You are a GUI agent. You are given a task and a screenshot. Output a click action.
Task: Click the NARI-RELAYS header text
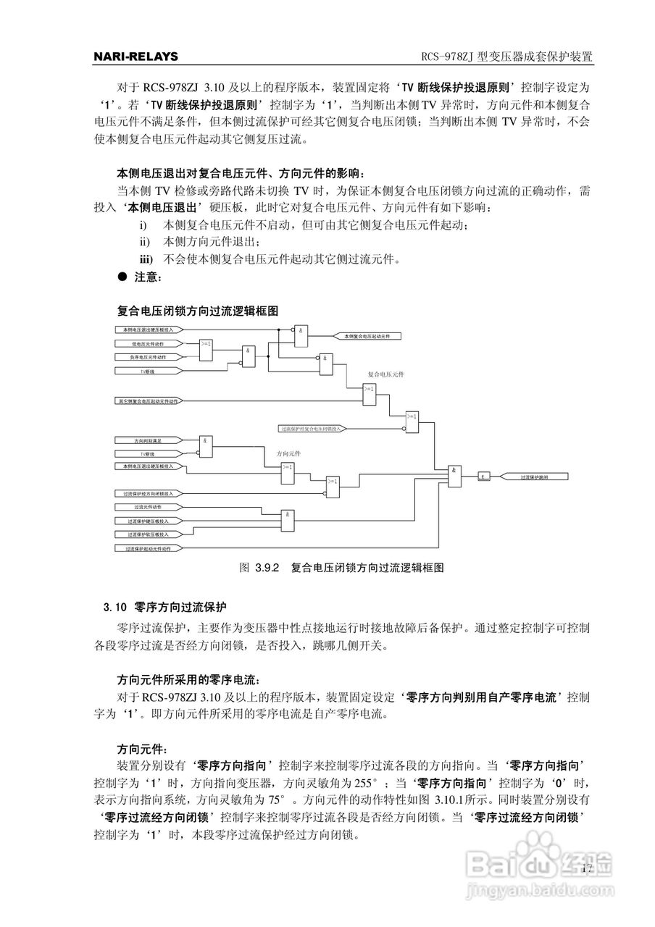136,56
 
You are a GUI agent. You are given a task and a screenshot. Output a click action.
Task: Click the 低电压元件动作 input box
148,344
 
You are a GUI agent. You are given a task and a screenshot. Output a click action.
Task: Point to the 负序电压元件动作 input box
148,357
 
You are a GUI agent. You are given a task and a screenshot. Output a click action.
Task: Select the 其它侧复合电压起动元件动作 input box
148,400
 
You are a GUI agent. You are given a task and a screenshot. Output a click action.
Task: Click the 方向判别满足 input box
148,440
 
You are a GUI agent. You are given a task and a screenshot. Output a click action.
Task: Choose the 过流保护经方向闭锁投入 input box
148,493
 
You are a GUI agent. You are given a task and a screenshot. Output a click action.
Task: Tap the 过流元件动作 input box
148,507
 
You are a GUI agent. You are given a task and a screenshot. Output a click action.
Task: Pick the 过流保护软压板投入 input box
148,534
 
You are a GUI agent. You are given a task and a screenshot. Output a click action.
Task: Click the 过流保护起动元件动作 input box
148,549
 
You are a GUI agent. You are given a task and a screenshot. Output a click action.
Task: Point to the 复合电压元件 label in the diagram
385,374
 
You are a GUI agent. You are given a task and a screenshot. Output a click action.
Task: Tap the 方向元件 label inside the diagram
288,453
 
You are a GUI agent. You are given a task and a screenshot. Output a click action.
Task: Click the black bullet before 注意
122,277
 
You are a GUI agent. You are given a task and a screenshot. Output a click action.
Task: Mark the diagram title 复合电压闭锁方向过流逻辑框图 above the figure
198,311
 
